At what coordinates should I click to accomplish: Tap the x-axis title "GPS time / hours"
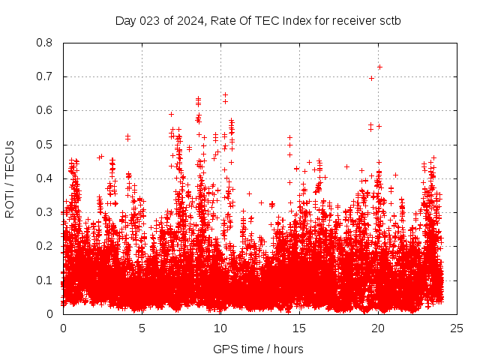click(258, 349)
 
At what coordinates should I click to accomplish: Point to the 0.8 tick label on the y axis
click(44, 43)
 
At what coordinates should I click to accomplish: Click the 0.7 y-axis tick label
click(44, 76)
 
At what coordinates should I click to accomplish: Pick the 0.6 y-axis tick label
click(44, 110)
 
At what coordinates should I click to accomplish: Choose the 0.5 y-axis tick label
click(44, 145)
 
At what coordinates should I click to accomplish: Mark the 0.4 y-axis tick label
click(44, 178)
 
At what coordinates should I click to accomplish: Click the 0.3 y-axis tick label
click(44, 212)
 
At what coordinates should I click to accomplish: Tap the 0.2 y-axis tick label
click(44, 246)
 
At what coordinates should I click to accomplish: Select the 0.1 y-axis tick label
click(44, 280)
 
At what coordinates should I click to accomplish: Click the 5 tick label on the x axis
click(142, 328)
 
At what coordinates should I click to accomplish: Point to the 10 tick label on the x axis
click(220, 328)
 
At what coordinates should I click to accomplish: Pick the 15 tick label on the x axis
click(299, 328)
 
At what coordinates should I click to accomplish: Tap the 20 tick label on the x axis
click(378, 328)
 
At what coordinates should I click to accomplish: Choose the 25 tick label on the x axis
click(457, 328)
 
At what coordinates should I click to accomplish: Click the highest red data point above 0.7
click(379, 67)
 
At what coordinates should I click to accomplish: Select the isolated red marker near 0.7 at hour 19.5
click(371, 78)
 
